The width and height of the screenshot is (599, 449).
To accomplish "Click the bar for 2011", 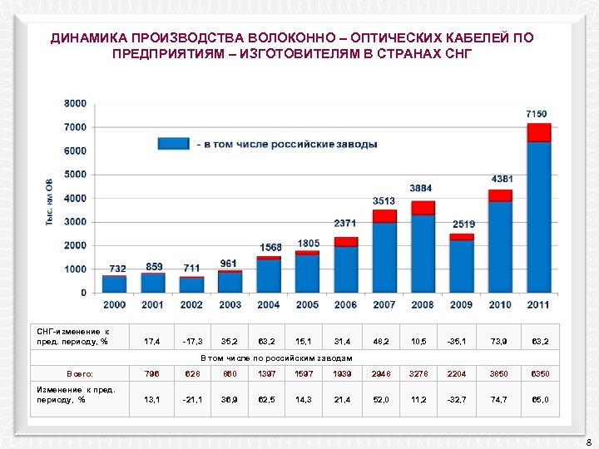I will pos(539,216).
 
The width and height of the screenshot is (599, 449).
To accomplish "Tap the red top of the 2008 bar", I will pos(423,208).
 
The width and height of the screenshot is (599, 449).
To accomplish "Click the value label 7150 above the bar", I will pos(536,113).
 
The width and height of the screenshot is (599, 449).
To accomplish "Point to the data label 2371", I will pos(345,224).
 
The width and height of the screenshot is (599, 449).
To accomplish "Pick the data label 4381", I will pos(502,179).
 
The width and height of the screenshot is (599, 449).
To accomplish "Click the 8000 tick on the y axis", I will pos(75,103).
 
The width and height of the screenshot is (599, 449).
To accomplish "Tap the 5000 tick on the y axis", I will pos(75,175).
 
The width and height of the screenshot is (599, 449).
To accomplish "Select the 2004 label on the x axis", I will pos(269,305).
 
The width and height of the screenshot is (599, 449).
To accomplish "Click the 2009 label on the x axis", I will pos(462,305).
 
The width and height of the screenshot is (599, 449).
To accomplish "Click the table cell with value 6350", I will pos(539,373).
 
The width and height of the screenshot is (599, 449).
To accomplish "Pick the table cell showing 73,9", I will pos(500,341).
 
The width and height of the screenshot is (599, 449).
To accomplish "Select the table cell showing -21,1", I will pos(191,399).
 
